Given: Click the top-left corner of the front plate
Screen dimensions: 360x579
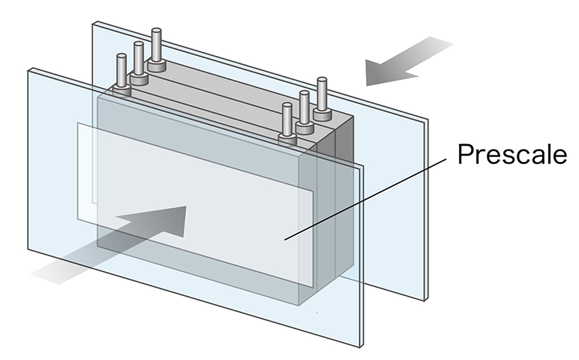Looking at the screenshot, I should pos(29,69).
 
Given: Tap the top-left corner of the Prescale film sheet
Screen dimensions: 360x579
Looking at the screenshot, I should pos(77,124).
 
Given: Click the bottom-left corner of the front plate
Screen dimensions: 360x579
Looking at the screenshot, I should pos(28,249).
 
